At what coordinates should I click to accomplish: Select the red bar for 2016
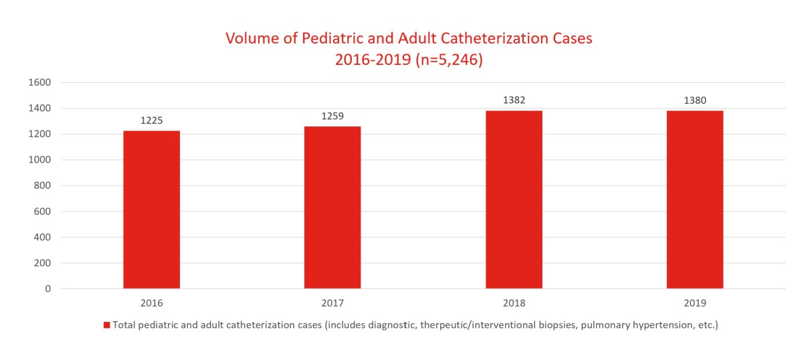tap(151, 209)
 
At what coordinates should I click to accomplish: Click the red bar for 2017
tap(332, 207)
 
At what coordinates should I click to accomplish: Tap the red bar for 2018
tap(514, 199)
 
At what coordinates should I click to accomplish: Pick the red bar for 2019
tap(695, 199)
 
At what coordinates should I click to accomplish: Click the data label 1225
tap(151, 121)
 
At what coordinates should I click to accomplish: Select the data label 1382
tap(514, 100)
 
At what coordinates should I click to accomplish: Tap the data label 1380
tap(695, 100)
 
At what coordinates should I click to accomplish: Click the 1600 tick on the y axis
tap(40, 82)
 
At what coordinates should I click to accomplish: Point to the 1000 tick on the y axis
tap(40, 160)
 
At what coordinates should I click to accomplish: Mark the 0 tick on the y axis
tap(47, 289)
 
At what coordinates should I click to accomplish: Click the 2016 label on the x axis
tap(151, 303)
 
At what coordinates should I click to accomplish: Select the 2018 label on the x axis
tap(514, 303)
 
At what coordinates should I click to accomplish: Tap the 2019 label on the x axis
tap(695, 303)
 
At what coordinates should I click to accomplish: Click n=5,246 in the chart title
tap(448, 60)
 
